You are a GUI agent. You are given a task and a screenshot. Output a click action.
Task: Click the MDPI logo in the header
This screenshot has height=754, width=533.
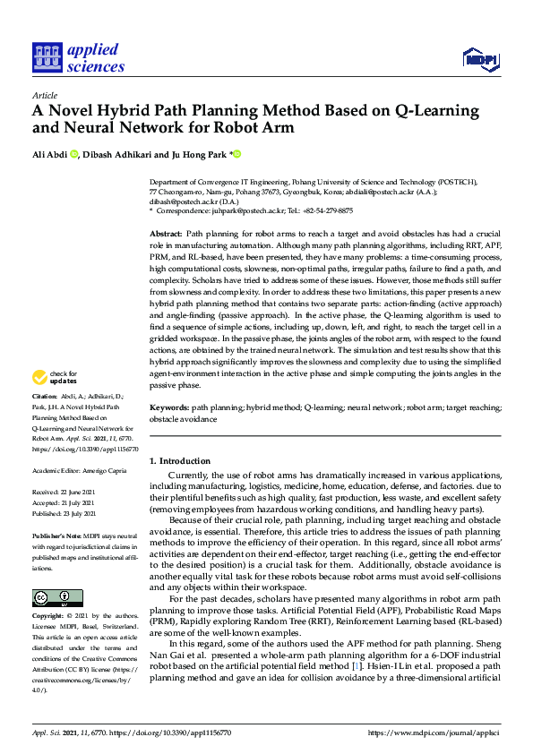coord(480,60)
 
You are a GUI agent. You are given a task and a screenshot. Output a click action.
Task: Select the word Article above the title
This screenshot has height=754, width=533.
coord(44,95)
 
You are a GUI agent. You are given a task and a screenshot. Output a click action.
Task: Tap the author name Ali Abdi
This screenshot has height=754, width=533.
coord(48,154)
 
